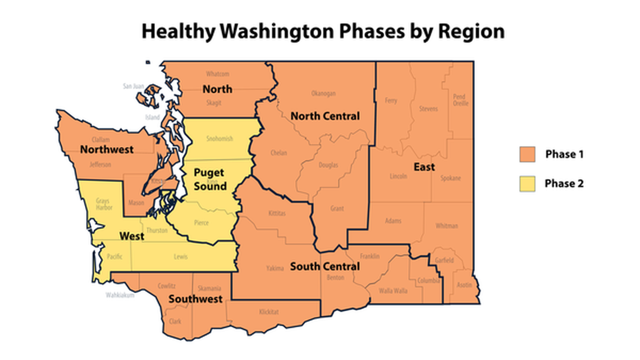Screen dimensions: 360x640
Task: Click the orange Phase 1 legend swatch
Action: coord(527,154)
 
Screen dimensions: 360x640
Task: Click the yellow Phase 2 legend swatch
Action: coord(527,183)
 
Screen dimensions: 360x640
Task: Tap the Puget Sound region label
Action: coord(210,179)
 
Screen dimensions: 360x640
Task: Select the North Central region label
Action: coord(325,116)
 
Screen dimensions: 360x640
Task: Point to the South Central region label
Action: coord(324,266)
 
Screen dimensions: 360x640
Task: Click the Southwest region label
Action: coord(196,299)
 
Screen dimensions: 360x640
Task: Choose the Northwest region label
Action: coord(107,149)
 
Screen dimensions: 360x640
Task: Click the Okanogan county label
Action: coord(323,93)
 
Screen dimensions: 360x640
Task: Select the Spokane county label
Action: coord(451,178)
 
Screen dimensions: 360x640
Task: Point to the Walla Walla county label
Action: coord(393,290)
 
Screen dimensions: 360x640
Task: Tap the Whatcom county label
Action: coord(217,74)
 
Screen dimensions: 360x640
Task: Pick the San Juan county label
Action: coord(134,86)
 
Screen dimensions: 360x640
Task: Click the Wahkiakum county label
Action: coord(120,295)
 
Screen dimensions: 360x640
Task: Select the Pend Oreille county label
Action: coord(459,100)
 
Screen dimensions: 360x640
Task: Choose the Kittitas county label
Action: coord(277,214)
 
